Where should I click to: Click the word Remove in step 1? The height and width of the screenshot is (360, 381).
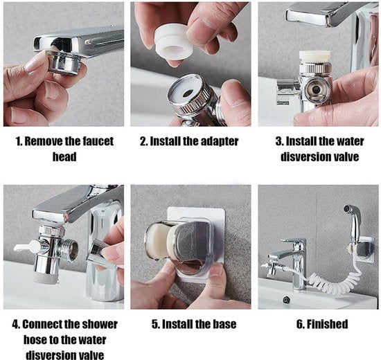(x=43, y=141)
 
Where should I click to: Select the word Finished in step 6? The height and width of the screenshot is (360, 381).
(x=327, y=324)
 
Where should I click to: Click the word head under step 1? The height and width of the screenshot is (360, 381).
(x=64, y=156)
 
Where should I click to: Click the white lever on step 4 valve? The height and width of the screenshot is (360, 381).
(x=25, y=246)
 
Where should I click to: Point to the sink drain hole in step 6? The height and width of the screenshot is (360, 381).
(x=287, y=300)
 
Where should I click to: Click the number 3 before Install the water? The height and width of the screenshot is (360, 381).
(x=278, y=141)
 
